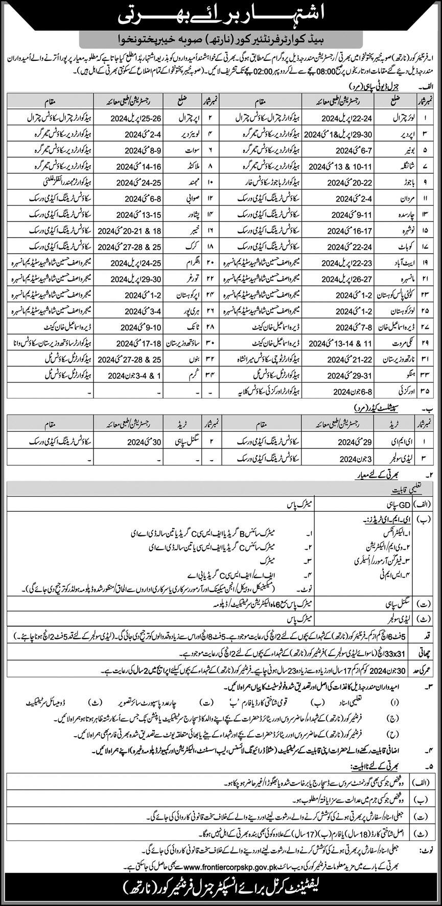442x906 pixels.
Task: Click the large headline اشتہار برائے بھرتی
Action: (x=221, y=16)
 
